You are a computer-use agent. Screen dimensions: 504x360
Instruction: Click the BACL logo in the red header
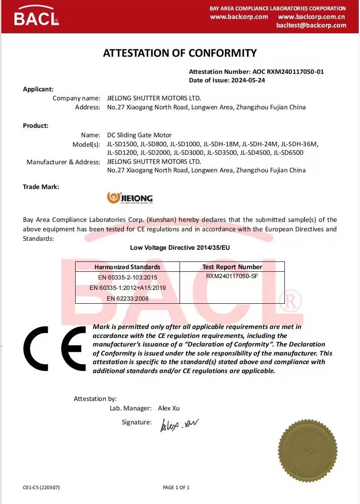coord(36,17)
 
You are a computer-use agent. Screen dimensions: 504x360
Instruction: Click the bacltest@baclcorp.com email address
coord(311,25)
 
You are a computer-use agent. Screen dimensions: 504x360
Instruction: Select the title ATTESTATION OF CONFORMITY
coord(180,53)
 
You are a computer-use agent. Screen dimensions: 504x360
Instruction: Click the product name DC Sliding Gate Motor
coord(139,135)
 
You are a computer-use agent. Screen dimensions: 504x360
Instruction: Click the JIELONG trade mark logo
coord(130,198)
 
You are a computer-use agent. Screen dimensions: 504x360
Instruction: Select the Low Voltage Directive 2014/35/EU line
coord(180,247)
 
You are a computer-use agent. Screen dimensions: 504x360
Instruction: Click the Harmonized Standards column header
coord(127,267)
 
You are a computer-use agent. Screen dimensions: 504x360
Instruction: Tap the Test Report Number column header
coord(232,267)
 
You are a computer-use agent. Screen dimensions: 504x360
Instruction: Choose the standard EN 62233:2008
coord(127,298)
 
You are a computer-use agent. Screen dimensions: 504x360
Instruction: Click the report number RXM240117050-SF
coord(232,277)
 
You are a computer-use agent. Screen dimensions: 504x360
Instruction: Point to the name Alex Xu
coord(169,408)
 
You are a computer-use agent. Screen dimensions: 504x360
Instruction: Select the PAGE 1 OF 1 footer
coord(176,487)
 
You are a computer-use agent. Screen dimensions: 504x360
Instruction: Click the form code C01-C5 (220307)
coord(41,487)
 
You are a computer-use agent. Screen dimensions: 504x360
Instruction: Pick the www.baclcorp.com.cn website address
coord(311,17)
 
